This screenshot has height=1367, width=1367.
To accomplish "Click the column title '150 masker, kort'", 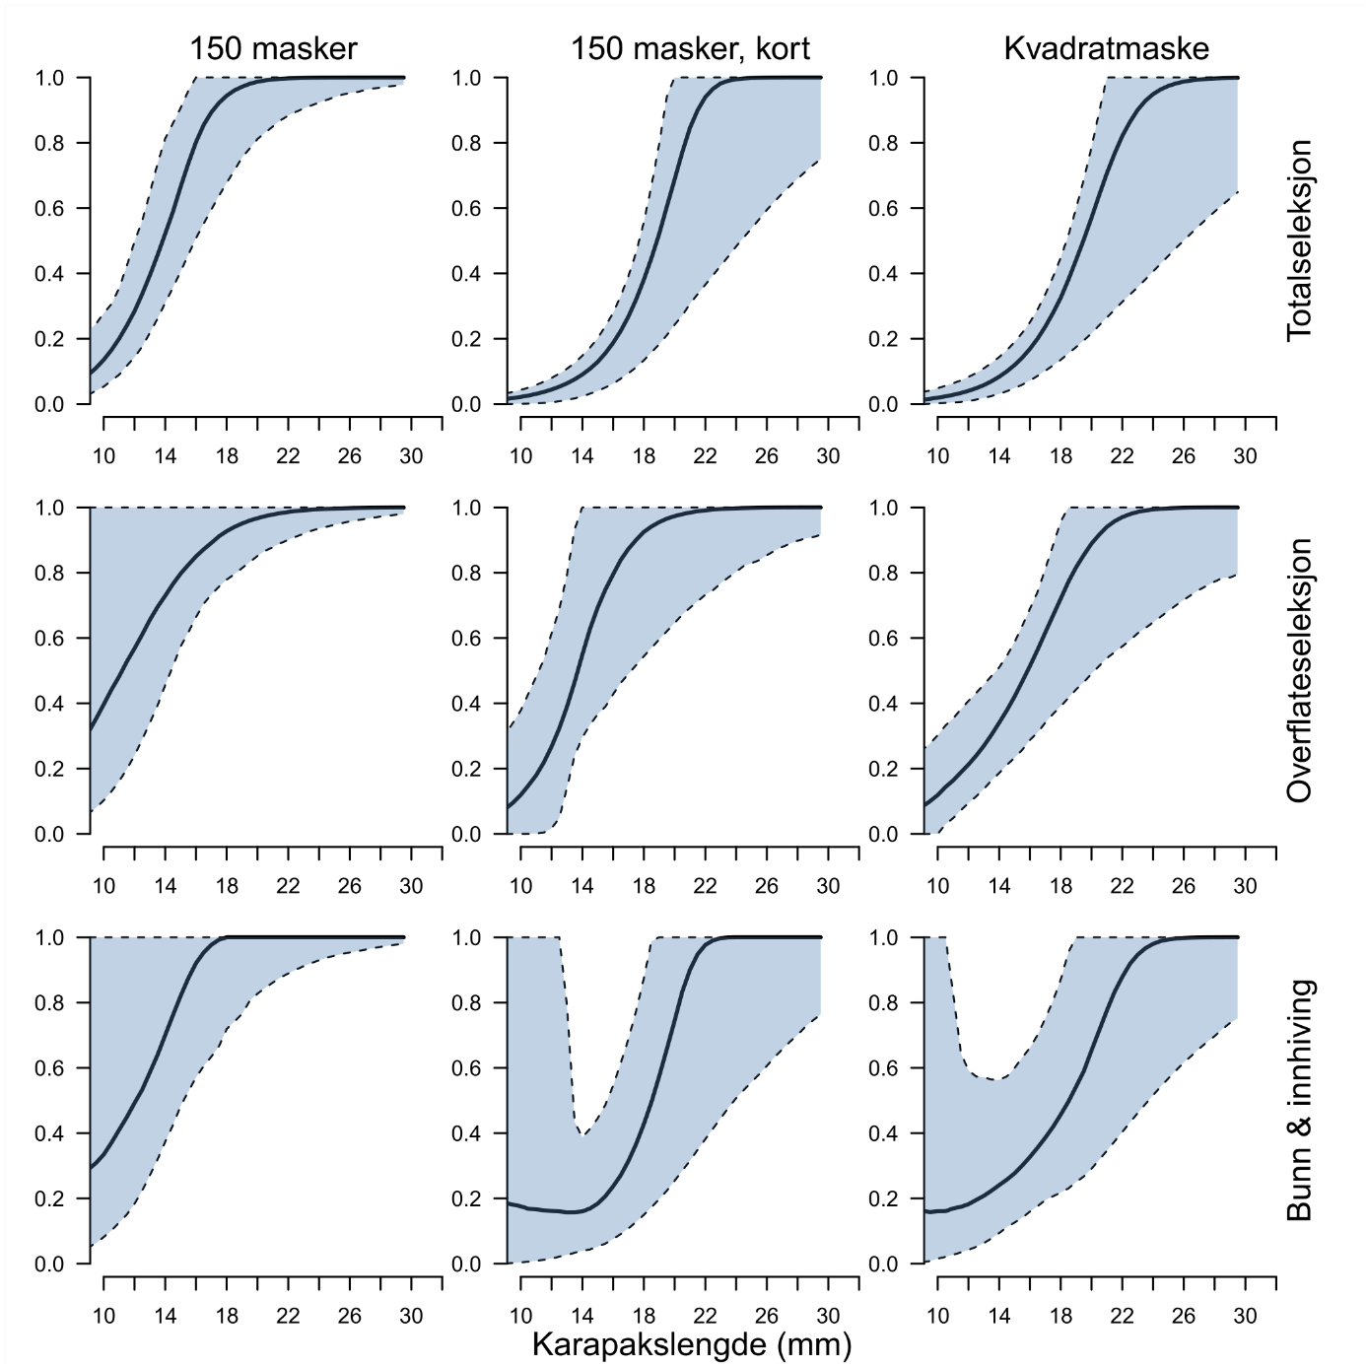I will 690,48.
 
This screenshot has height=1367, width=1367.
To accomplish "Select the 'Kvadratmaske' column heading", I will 1106,48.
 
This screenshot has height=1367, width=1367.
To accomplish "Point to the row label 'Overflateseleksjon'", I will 1300,670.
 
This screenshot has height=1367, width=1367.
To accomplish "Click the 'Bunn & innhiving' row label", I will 1300,1100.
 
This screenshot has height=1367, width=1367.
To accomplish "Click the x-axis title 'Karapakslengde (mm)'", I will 691,1344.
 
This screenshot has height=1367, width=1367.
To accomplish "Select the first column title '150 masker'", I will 273,48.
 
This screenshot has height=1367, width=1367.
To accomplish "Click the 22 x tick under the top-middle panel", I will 705,455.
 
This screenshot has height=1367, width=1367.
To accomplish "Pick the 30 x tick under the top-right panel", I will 1245,455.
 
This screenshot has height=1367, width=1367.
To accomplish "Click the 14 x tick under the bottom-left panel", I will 166,1316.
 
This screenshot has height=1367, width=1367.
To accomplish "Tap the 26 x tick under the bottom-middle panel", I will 767,1316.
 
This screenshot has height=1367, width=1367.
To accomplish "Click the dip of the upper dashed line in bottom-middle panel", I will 582,1134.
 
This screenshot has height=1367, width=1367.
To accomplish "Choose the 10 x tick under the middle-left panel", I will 103,886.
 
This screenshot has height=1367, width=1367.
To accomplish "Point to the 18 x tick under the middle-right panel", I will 1060,886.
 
